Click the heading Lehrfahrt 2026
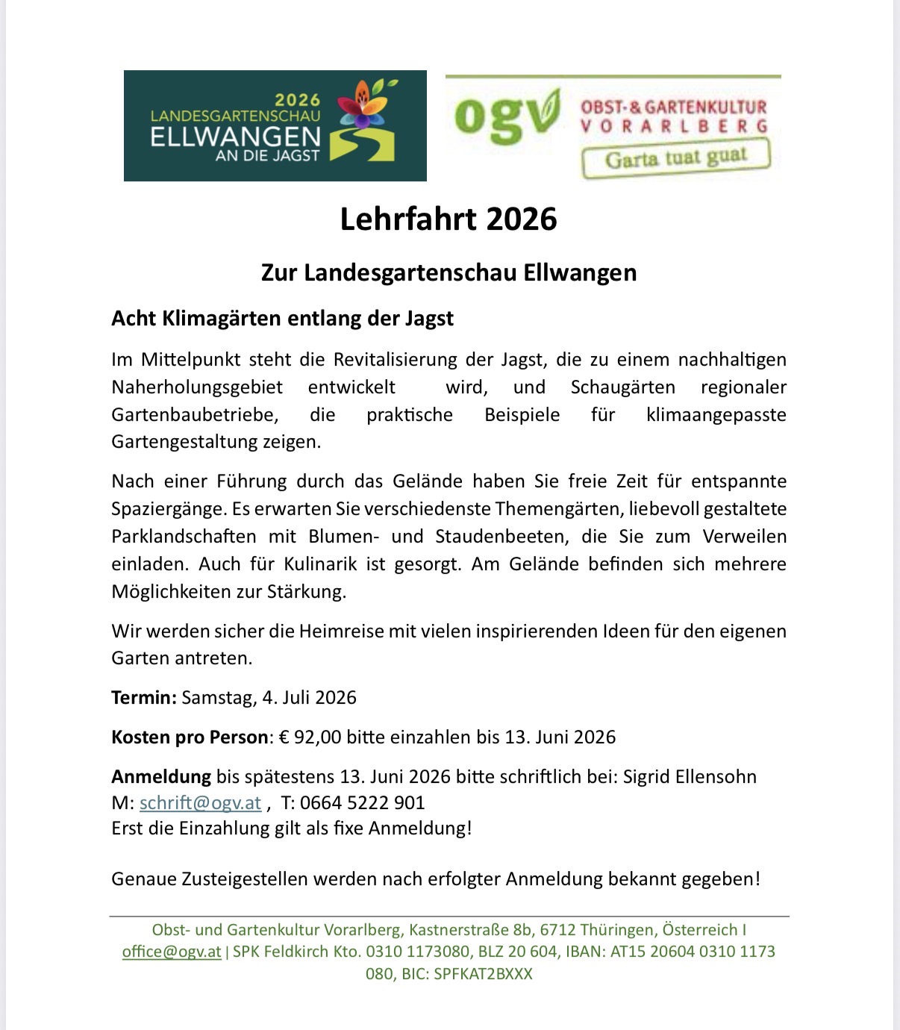449,219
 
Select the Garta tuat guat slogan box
675,158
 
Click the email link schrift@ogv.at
200,803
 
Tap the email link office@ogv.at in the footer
172,952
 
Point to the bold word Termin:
144,698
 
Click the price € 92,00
310,737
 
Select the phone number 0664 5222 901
363,803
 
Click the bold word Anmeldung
161,777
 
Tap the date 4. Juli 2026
309,698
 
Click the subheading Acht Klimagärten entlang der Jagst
282,319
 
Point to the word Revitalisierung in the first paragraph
395,360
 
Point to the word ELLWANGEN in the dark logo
235,137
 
